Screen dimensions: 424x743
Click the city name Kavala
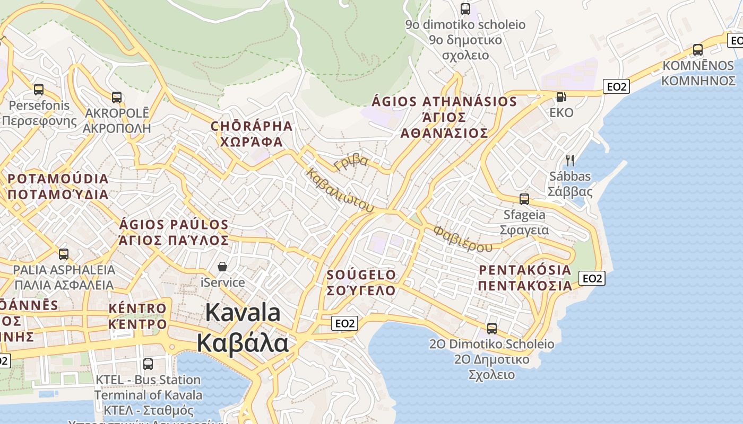[x=243, y=313]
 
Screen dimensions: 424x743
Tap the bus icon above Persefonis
[x=39, y=90]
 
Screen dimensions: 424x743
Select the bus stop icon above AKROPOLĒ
[x=117, y=98]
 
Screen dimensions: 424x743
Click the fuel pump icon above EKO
[x=561, y=97]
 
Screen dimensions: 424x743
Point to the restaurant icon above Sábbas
[x=570, y=160]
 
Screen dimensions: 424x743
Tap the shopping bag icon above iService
[x=222, y=267]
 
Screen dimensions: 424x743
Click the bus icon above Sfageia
[x=524, y=199]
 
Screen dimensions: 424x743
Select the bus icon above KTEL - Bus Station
[x=148, y=364]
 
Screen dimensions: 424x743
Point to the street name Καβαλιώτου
[x=340, y=191]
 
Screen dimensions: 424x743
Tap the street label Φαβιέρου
[x=462, y=238]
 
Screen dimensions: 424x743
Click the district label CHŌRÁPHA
[x=252, y=126]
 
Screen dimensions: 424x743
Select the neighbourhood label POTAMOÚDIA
[x=58, y=179]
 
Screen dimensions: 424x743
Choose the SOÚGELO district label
[x=361, y=275]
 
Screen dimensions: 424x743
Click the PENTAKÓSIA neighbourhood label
[x=525, y=270]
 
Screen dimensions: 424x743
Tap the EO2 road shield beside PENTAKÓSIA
[x=592, y=278]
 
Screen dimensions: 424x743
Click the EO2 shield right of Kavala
[x=345, y=323]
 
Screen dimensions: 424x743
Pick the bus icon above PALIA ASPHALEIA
[x=64, y=254]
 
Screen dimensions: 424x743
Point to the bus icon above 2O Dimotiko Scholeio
[x=492, y=329]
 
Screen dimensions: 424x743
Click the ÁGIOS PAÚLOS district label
[x=174, y=225]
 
